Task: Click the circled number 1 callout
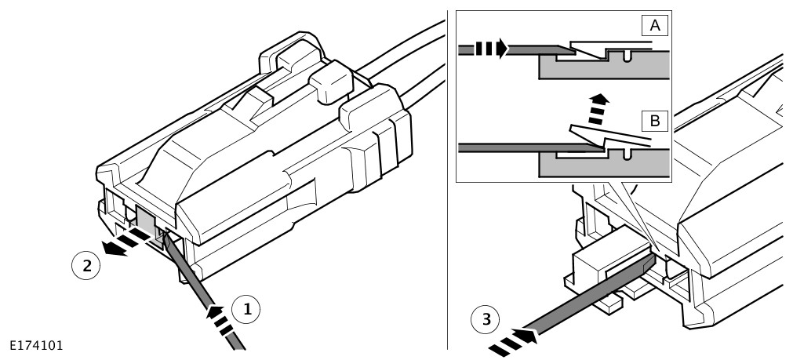(x=247, y=310)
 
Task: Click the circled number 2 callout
(x=87, y=265)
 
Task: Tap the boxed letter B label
(x=655, y=121)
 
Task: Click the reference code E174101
(x=37, y=344)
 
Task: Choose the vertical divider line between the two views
(x=448, y=180)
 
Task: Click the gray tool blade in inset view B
(x=510, y=146)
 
